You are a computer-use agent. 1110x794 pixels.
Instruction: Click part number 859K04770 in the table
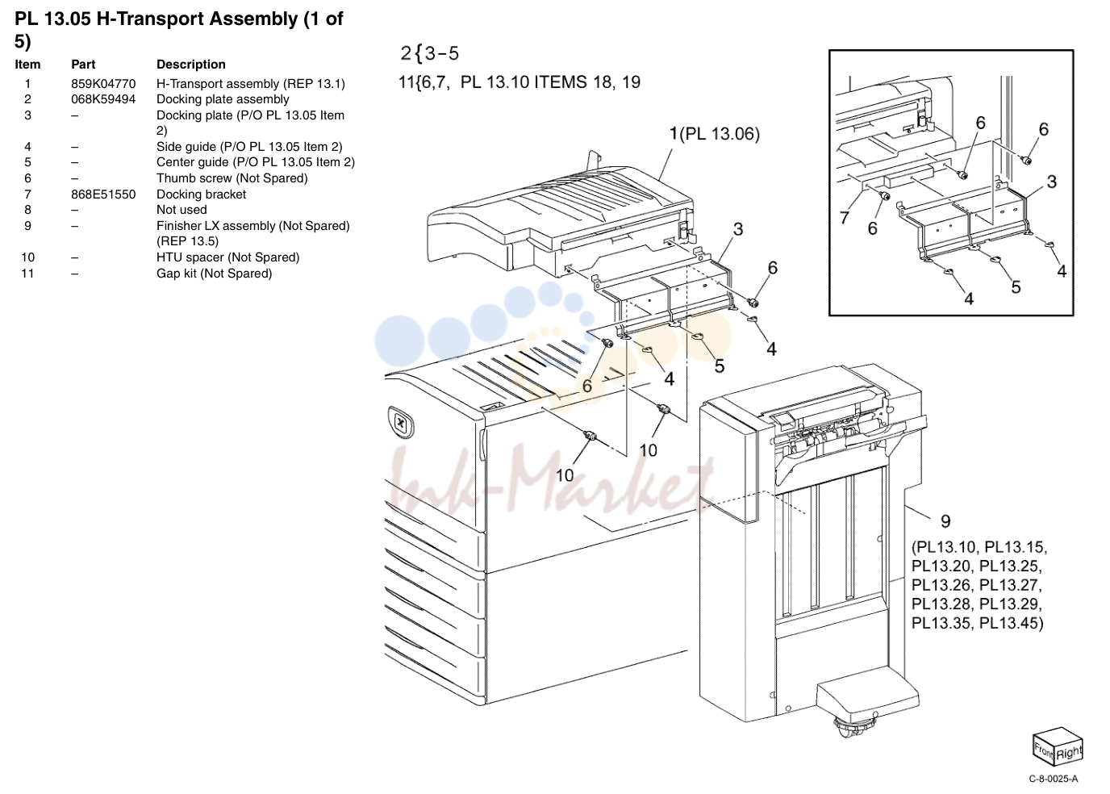[x=103, y=84]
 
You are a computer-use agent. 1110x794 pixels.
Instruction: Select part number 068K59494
[x=103, y=99]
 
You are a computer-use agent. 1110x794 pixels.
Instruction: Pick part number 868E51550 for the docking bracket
[x=103, y=194]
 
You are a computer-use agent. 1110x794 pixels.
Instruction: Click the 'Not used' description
[x=182, y=210]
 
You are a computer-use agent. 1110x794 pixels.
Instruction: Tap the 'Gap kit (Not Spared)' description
[x=214, y=274]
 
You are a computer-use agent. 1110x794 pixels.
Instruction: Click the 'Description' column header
[x=190, y=65]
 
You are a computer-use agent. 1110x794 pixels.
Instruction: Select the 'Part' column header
[x=83, y=65]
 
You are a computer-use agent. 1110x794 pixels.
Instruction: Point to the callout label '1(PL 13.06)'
[x=714, y=134]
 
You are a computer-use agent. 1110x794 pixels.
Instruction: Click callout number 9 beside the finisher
[x=945, y=521]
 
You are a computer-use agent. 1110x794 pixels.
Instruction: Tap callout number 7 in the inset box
[x=845, y=217]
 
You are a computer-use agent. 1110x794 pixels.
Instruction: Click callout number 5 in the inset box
[x=1016, y=287]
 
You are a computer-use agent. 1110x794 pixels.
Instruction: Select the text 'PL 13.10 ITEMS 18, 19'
[x=550, y=81]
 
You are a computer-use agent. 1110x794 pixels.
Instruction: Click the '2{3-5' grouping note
[x=430, y=53]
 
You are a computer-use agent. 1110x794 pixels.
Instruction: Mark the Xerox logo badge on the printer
[x=401, y=422]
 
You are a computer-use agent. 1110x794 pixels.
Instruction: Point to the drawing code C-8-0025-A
[x=1053, y=779]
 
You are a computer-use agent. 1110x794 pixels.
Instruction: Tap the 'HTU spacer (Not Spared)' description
[x=228, y=257]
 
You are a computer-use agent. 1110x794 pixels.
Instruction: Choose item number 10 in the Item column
[x=27, y=257]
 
